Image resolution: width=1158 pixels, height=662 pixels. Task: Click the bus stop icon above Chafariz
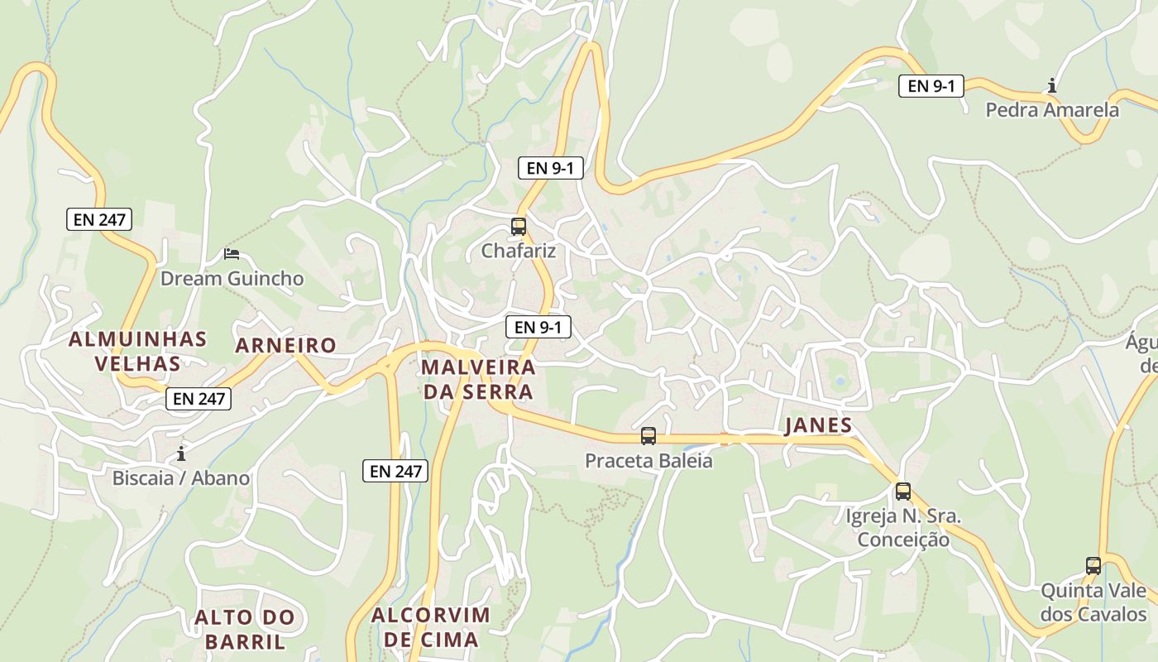[x=519, y=226]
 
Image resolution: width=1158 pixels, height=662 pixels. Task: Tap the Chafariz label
[x=519, y=250]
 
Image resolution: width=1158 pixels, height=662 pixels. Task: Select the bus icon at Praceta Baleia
[x=648, y=436]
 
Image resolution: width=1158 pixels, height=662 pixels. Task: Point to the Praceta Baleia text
[x=648, y=460]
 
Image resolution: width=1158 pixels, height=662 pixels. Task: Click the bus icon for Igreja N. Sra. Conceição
[x=903, y=492]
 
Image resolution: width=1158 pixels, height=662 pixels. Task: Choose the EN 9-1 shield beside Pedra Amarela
[x=931, y=85]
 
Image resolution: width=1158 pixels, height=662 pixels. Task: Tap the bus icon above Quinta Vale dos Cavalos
[x=1093, y=566]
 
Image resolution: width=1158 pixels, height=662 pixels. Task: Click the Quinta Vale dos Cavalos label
[x=1093, y=602]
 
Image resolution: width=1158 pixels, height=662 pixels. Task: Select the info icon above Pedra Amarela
[x=1052, y=85]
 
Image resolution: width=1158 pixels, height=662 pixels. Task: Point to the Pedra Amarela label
[x=1052, y=109]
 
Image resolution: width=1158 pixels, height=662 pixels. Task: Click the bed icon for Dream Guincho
[x=232, y=254]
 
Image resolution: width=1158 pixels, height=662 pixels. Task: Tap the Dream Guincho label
[x=232, y=278]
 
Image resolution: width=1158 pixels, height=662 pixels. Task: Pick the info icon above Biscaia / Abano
[x=181, y=453]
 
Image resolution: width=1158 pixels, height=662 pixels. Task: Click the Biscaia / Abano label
[x=181, y=477]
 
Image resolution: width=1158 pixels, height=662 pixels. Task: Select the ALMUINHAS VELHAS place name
[x=137, y=351]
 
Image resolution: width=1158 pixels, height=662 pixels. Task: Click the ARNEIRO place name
[x=286, y=345]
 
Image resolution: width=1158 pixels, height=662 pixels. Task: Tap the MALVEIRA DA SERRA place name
[x=478, y=379]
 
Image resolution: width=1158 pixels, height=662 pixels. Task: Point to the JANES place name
[x=817, y=425]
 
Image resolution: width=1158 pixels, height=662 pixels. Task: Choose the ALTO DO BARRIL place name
[x=245, y=629]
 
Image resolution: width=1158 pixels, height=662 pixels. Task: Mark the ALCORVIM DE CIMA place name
[x=431, y=627]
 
